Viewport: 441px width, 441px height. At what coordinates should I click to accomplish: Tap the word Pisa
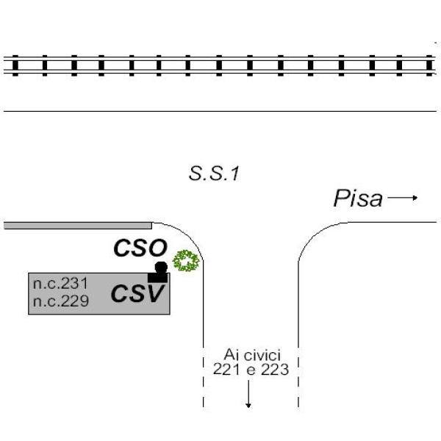point(358,198)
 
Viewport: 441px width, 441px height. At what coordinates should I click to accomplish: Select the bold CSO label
point(140,248)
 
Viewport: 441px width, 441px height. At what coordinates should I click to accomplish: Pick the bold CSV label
point(137,294)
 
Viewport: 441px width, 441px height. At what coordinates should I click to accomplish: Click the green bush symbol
point(187,261)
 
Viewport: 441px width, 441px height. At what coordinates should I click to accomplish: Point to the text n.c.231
point(60,284)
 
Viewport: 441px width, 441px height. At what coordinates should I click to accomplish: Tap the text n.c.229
point(60,300)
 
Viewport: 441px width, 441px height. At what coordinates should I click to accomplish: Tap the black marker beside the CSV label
point(159,273)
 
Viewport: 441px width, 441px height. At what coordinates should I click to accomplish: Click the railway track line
point(220,65)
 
